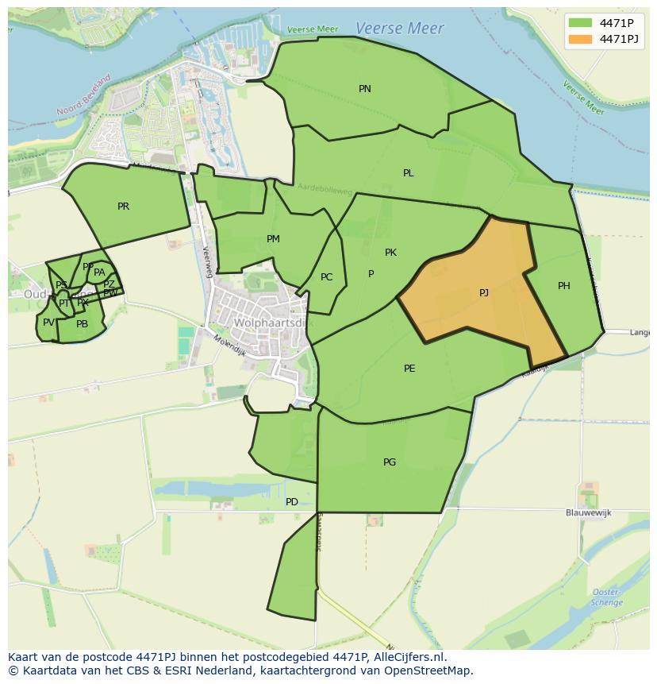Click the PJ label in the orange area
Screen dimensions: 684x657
pos(484,293)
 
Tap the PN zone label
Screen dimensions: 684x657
pos(365,89)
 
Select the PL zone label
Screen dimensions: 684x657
pos(408,173)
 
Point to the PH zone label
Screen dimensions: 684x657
pos(563,286)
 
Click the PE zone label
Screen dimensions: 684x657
pos(409,369)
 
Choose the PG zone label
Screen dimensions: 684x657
pos(390,462)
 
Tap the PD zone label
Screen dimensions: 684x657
pos(292,502)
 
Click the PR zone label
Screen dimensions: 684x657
pos(123,207)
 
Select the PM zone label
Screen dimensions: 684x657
pos(273,239)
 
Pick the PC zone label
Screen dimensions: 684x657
pos(326,278)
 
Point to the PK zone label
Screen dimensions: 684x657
pos(390,253)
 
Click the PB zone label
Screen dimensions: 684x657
pos(82,324)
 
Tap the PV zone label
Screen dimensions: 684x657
pos(48,323)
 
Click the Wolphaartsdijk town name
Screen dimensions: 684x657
pos(270,323)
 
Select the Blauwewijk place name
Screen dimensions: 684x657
pos(589,513)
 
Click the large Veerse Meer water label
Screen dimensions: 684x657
pos(399,28)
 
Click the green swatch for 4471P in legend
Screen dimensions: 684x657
pos(580,23)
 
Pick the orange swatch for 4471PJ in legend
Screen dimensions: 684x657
pos(580,39)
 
